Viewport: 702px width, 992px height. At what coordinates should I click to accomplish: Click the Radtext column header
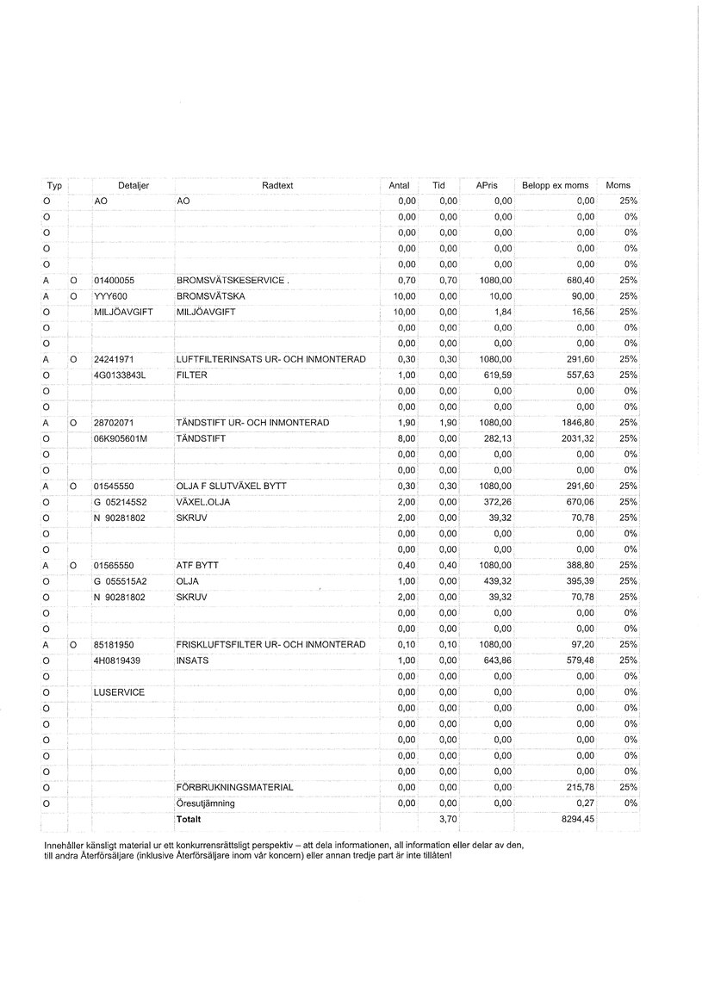tap(277, 185)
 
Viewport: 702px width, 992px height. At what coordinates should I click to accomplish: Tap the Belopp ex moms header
tap(555, 185)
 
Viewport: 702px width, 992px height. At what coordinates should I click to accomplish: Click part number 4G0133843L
tap(121, 375)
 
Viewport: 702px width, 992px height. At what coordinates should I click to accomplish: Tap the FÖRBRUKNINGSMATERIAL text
tap(234, 787)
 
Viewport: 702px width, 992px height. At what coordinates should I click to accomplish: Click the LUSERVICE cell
tap(119, 692)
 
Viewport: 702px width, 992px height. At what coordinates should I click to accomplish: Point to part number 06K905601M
tap(121, 438)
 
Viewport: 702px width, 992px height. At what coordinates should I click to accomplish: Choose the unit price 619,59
tap(495, 375)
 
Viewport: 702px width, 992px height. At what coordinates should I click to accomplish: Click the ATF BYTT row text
tap(197, 565)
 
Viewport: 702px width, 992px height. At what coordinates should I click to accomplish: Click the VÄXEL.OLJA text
tap(203, 502)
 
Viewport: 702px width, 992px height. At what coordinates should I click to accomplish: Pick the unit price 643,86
tap(495, 660)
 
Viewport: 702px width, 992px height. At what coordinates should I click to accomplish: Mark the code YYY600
tap(110, 296)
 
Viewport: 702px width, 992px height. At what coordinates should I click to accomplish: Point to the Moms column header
tap(618, 185)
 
